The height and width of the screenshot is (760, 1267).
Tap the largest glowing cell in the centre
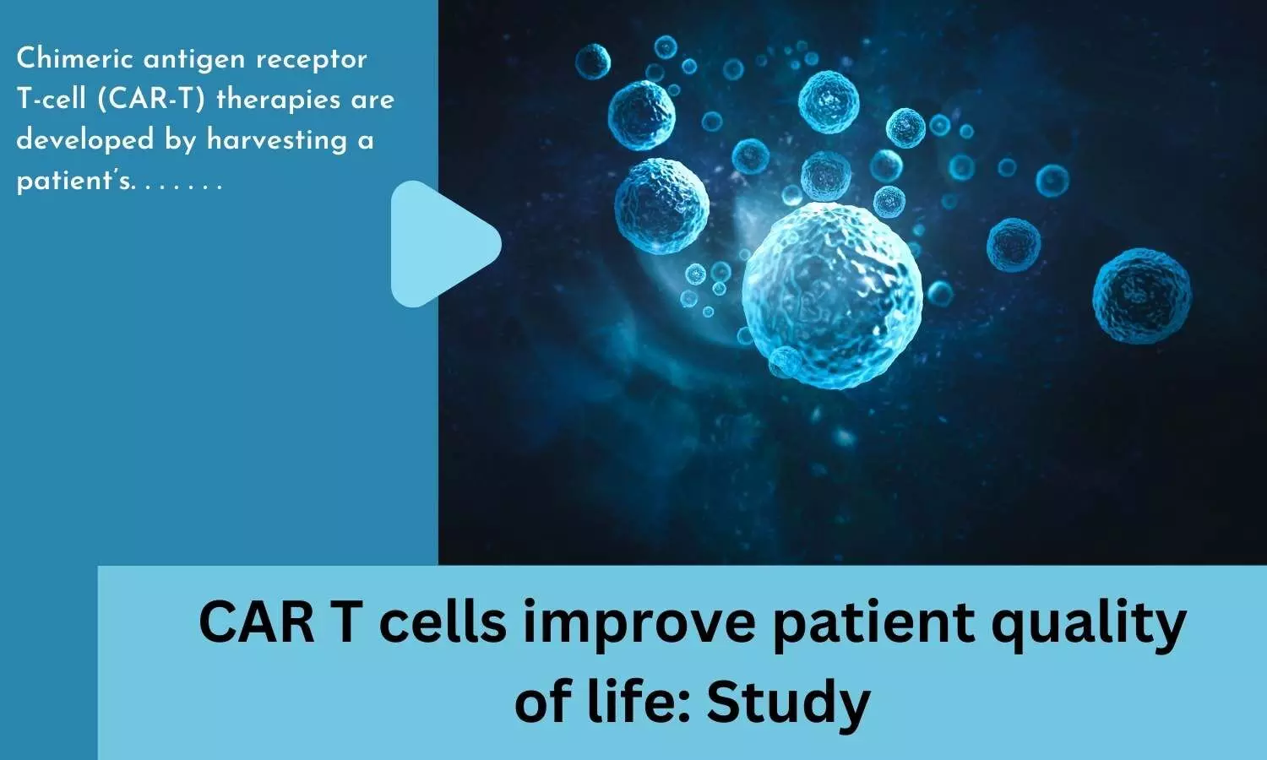tap(832, 296)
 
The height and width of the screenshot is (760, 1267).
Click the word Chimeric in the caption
tap(75, 59)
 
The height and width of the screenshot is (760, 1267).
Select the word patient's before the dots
tap(75, 182)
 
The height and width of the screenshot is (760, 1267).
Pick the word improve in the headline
tap(639, 626)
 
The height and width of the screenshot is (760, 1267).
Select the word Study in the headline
tap(788, 704)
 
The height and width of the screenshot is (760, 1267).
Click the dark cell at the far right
tap(1141, 296)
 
